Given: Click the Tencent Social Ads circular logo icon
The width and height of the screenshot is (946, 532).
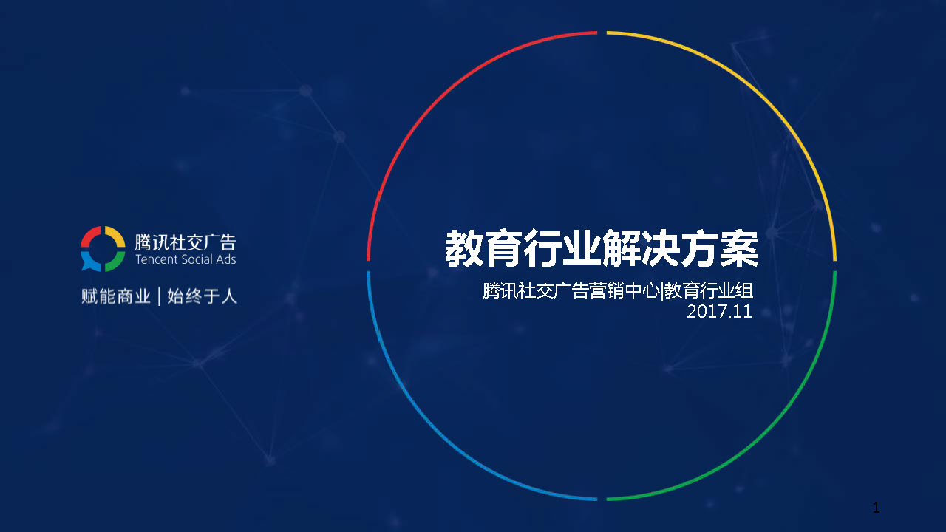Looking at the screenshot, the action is coord(103,249).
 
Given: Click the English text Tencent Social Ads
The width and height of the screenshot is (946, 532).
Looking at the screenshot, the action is coord(186,259).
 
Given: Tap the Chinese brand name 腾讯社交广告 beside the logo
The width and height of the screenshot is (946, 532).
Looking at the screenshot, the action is coord(186,242).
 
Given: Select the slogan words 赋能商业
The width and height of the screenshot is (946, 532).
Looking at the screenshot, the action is coord(116,296).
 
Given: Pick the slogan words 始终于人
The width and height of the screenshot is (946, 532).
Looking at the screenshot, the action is coord(202,296).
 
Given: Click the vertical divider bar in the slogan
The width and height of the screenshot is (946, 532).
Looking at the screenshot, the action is coord(159,296).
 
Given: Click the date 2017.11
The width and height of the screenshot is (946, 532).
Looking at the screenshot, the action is coord(719,312).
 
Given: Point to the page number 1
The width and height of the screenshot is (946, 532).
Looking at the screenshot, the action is coord(877,508).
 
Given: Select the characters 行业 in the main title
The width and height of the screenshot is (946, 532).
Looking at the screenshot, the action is coord(562,248).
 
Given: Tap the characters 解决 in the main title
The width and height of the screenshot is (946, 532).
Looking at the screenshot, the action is coord(641,248).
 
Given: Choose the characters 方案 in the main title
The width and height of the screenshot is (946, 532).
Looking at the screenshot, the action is coord(719,248).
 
